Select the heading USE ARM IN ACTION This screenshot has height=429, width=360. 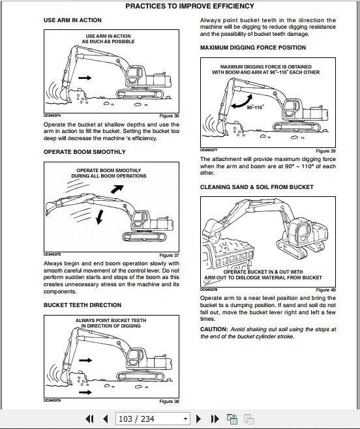click(x=72, y=21)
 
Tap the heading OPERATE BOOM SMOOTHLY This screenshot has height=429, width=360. click(x=84, y=152)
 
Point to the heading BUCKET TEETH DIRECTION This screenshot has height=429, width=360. click(x=82, y=305)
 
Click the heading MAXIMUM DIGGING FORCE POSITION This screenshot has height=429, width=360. click(x=252, y=48)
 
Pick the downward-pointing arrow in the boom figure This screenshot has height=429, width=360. click(x=98, y=216)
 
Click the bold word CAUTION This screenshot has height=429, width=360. click(x=215, y=329)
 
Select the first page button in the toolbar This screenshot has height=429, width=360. click(x=90, y=419)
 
